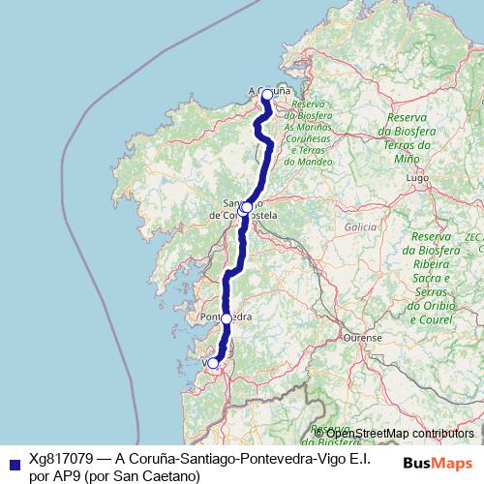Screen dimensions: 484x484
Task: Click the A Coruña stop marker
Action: [x=267, y=95]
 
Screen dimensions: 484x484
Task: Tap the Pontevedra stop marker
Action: [x=227, y=318]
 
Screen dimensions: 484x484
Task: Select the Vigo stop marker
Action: [x=214, y=363]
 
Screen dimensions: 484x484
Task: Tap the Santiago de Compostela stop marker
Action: [x=246, y=207]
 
